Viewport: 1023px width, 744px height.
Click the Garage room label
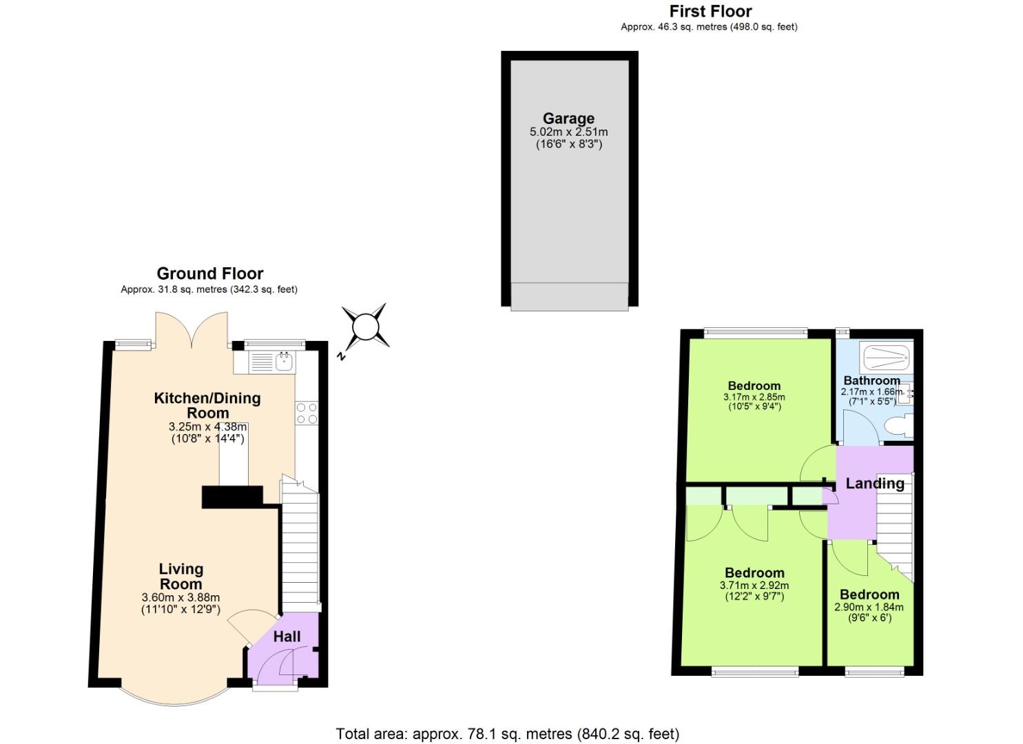(568, 118)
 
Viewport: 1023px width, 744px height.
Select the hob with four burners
(307, 413)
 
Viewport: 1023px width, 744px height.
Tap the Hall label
(287, 636)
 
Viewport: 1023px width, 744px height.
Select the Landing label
(875, 484)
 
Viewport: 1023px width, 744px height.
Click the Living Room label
(181, 577)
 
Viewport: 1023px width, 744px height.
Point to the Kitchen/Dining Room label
(207, 406)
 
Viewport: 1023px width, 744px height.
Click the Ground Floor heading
(209, 273)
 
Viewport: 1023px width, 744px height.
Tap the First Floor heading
(710, 12)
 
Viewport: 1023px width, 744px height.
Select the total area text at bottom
(507, 734)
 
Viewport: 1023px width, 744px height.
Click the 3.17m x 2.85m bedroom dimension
(754, 397)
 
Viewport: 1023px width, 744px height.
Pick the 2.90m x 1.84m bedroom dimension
(869, 608)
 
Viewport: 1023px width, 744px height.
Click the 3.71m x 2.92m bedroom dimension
(754, 586)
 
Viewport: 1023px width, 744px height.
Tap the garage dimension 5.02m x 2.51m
(568, 132)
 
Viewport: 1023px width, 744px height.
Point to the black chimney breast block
(232, 497)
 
